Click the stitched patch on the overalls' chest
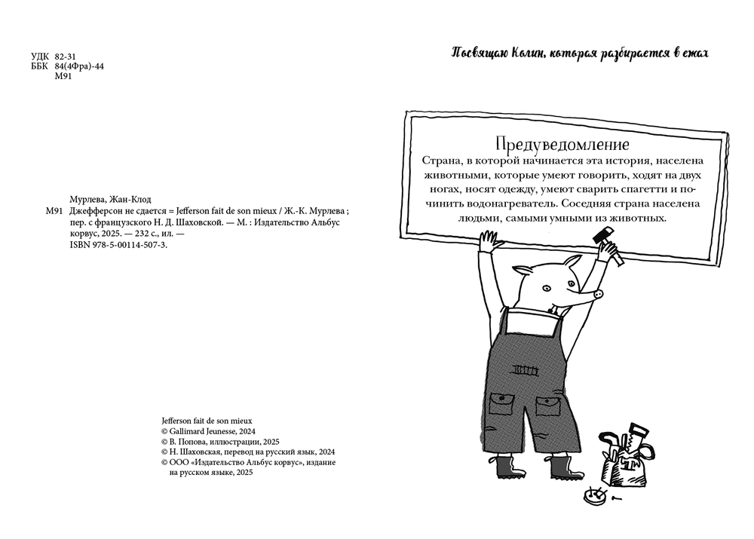[526, 369]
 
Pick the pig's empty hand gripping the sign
[489, 243]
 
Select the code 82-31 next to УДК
[66, 57]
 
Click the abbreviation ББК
[38, 66]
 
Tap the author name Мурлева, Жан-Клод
[110, 199]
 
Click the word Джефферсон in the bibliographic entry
[97, 211]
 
